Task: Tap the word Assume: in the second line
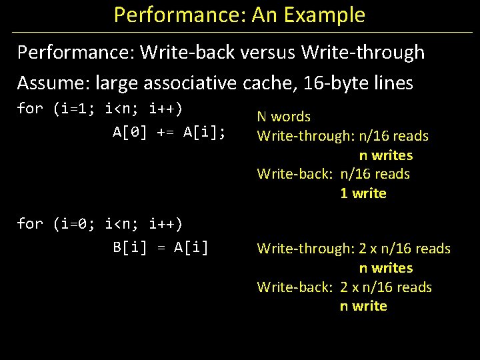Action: pyautogui.click(x=54, y=83)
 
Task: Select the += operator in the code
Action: pyautogui.click(x=165, y=132)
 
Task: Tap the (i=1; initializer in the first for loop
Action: pyautogui.click(x=76, y=109)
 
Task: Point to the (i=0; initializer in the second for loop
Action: pyautogui.click(x=76, y=223)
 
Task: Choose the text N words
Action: pyautogui.click(x=284, y=117)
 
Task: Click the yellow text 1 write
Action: pyautogui.click(x=363, y=193)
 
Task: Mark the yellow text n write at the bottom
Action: pyautogui.click(x=363, y=306)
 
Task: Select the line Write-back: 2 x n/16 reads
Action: pyautogui.click(x=345, y=287)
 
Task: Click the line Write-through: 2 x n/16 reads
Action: pyautogui.click(x=354, y=249)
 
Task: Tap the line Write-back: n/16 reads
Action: pyautogui.click(x=334, y=174)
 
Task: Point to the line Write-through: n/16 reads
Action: pyautogui.click(x=343, y=136)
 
